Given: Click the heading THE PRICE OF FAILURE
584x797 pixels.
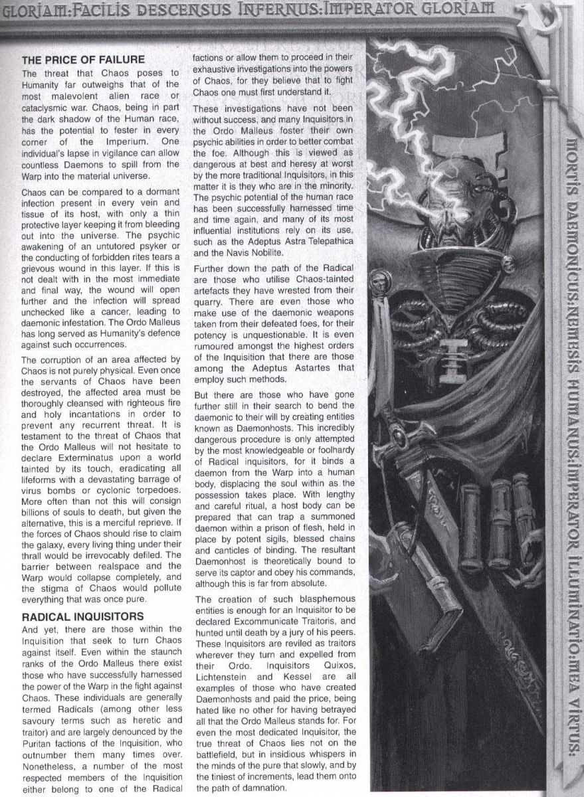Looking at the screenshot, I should (83, 59).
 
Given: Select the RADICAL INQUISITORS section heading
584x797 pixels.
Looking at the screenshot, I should (83, 616).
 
